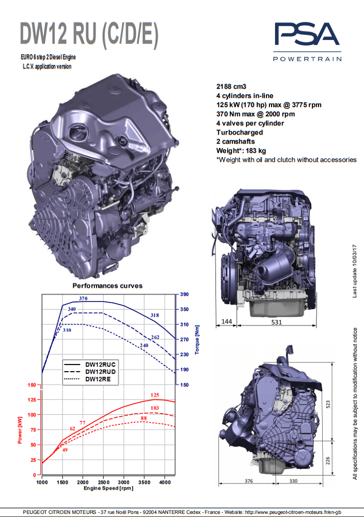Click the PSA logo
307,41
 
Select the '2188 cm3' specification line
231,86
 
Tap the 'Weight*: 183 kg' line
241,150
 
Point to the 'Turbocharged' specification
240,132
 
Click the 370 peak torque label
83,298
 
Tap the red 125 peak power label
155,394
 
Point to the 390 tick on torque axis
184,294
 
